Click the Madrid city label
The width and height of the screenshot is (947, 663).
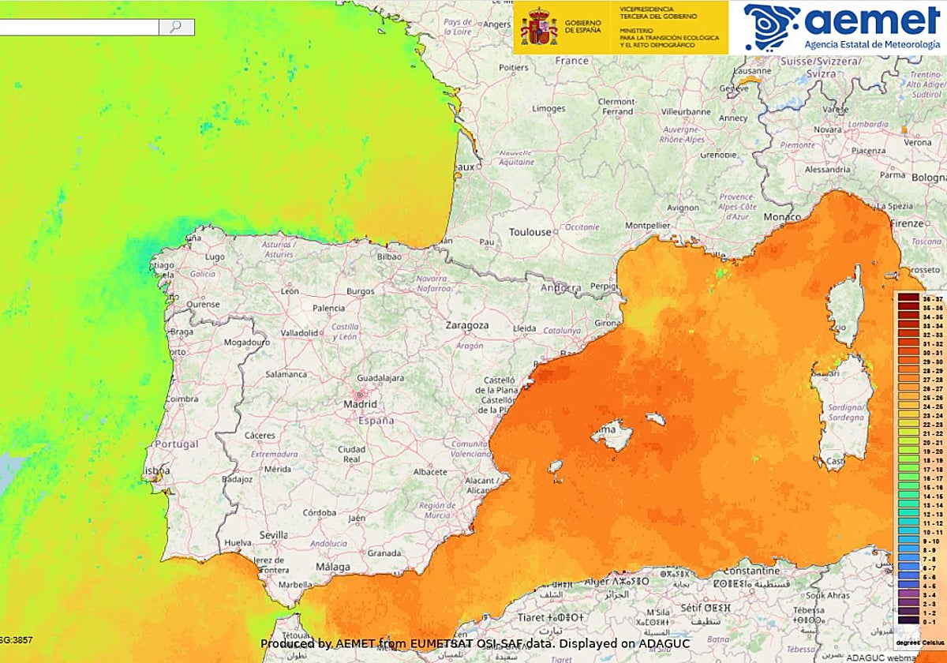[360, 404]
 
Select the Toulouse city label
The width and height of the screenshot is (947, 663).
[530, 232]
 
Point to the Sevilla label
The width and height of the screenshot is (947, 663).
[274, 534]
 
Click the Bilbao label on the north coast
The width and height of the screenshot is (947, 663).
[389, 257]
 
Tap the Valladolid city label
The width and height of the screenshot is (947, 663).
[299, 333]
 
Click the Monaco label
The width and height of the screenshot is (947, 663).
[781, 217]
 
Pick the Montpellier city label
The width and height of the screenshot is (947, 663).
[647, 225]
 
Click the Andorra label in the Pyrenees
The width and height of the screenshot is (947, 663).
[560, 288]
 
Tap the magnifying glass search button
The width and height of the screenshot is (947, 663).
[176, 27]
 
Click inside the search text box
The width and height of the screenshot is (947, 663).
[79, 27]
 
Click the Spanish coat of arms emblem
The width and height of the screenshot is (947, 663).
[538, 27]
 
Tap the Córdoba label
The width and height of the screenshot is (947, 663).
[320, 511]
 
